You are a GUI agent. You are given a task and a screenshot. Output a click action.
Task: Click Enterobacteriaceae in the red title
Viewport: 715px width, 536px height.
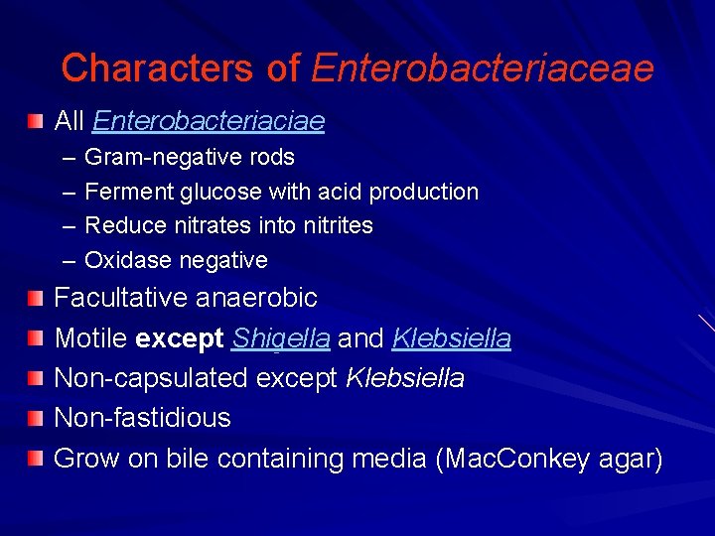(x=483, y=67)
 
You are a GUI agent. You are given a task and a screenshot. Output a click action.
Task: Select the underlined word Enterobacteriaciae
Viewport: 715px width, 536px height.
(x=209, y=121)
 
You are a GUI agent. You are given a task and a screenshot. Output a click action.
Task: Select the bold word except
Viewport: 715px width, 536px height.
(x=180, y=338)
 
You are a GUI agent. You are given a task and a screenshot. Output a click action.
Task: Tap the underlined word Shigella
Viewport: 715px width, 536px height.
(x=281, y=338)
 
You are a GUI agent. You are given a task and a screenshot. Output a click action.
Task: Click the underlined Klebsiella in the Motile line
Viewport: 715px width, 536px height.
(x=452, y=338)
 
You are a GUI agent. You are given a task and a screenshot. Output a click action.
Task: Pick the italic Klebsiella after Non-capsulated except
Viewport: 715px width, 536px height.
(x=404, y=378)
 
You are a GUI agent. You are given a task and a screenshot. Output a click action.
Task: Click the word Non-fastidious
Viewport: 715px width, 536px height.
(x=142, y=418)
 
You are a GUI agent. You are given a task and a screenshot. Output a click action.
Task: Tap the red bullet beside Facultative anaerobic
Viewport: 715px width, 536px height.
(x=36, y=298)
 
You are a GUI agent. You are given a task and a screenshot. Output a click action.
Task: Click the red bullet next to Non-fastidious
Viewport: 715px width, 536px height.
(x=36, y=418)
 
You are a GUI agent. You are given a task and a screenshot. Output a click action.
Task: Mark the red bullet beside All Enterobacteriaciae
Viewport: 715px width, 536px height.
(x=36, y=121)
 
